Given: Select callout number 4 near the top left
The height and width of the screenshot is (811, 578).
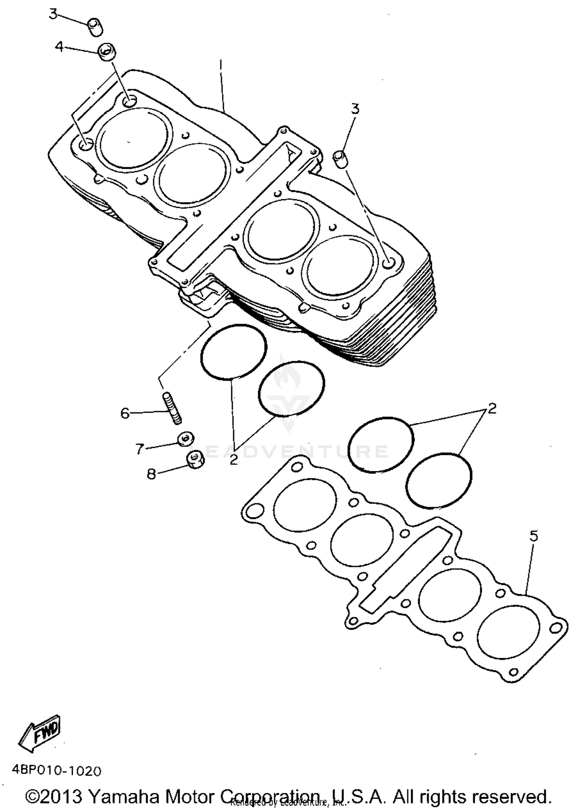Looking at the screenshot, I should click(x=59, y=47).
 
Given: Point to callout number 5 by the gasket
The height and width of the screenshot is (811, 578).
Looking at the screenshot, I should click(x=533, y=536).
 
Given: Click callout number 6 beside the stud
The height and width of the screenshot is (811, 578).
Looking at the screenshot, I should click(x=125, y=413).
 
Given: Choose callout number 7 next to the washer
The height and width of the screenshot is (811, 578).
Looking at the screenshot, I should click(x=139, y=448).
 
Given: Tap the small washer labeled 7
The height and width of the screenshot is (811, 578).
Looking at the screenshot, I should click(x=185, y=438).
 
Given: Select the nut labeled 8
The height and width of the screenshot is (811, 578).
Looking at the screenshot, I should click(x=195, y=459).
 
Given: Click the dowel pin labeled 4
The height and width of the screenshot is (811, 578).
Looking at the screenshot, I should click(x=108, y=52).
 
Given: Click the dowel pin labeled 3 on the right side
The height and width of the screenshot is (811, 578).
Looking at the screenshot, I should click(x=339, y=159).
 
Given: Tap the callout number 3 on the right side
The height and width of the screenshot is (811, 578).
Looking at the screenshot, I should click(x=355, y=109).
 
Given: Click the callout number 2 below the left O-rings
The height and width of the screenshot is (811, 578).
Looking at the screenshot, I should click(x=234, y=459).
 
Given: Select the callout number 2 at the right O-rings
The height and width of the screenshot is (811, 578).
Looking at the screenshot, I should click(x=492, y=408).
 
